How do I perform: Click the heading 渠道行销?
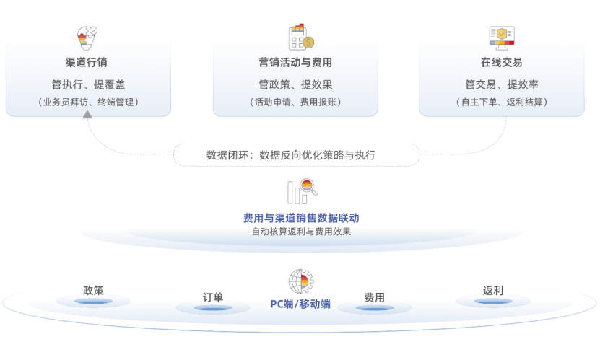[86, 62]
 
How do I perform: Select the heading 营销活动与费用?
[295, 62]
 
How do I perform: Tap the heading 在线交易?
[501, 62]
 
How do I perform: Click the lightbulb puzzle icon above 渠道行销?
[87, 38]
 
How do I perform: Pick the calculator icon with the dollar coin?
[301, 37]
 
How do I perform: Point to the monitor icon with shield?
[502, 38]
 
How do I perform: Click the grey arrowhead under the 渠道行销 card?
[87, 114]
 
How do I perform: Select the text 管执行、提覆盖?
[88, 84]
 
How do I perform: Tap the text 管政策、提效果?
[295, 84]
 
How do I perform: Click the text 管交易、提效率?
[502, 84]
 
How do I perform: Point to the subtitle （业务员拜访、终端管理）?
[88, 102]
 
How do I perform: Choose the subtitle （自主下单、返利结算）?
[502, 102]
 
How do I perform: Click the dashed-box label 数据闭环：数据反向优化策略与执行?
[291, 155]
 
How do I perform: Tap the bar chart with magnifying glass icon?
[303, 191]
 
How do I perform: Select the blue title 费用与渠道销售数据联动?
[301, 218]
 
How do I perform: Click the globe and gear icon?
[301, 281]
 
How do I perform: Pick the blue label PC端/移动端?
[300, 304]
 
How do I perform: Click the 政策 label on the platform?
[93, 291]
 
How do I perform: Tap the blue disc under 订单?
[213, 307]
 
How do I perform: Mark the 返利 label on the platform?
[493, 291]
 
